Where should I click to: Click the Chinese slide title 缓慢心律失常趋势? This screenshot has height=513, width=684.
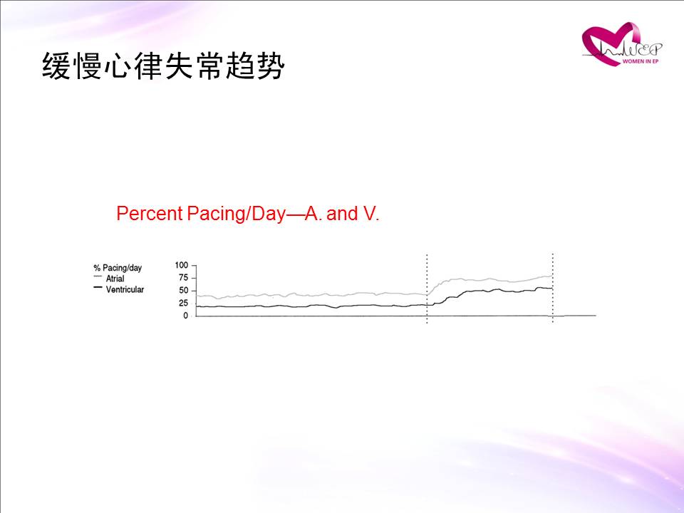click(164, 66)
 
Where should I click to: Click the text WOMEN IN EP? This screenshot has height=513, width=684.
click(641, 61)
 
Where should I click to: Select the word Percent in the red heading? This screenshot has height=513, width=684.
click(150, 214)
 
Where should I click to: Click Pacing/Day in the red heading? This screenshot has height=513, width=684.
click(237, 214)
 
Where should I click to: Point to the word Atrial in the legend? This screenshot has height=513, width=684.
click(115, 279)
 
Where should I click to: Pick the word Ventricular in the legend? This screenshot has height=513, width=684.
click(125, 289)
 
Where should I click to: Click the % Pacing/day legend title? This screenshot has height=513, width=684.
click(118, 268)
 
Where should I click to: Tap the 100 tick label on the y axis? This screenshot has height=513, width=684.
click(182, 265)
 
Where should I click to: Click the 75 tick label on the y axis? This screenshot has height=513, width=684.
click(183, 278)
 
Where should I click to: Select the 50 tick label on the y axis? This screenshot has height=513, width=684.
click(183, 291)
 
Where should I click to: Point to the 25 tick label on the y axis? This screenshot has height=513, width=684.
click(183, 304)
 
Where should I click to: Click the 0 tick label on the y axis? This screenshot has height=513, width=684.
click(186, 316)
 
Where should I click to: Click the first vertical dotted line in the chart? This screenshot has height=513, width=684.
click(427, 289)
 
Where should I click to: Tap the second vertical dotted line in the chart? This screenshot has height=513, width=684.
click(553, 288)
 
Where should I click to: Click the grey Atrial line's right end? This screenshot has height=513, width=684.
click(552, 276)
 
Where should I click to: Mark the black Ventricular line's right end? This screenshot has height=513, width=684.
click(552, 289)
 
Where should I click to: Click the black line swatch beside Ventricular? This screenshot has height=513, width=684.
click(98, 287)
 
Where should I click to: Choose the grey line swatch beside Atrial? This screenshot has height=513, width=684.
click(98, 276)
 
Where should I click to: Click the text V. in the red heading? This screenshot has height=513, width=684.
click(370, 214)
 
